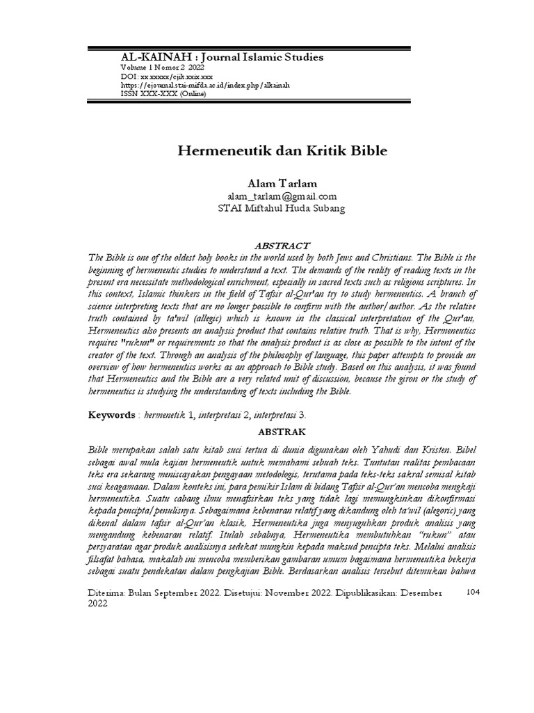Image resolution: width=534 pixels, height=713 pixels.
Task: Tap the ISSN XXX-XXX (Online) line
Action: point(163,94)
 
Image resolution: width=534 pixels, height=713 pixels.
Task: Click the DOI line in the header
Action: point(167,76)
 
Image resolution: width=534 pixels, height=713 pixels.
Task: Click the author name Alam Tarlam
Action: point(267,183)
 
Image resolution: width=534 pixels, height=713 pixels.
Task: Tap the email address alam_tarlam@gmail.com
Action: point(267,196)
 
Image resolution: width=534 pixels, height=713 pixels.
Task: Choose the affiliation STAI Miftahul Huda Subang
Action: point(267,208)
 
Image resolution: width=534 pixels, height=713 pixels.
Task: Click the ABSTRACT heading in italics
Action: point(267,246)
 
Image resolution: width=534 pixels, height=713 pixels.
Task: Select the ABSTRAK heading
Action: point(267,431)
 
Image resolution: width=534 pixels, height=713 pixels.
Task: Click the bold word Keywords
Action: point(111,415)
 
